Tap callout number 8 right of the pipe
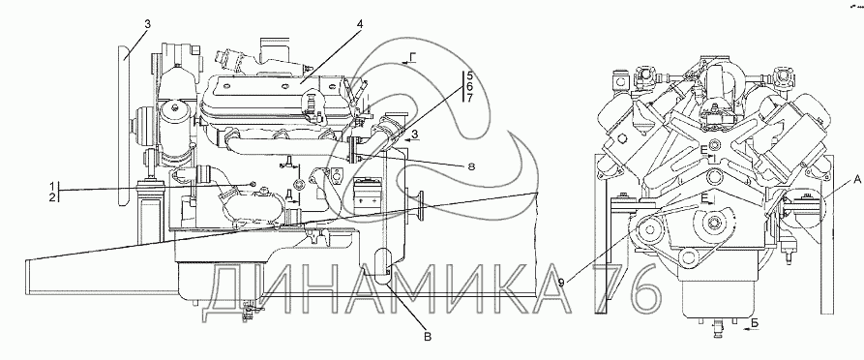pos(470,165)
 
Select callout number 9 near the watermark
pos(561,283)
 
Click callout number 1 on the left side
pos(53,185)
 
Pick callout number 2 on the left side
pos(53,196)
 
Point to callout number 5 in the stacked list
pos(469,75)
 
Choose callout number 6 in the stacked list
pos(469,87)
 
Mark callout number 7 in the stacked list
pos(469,99)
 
